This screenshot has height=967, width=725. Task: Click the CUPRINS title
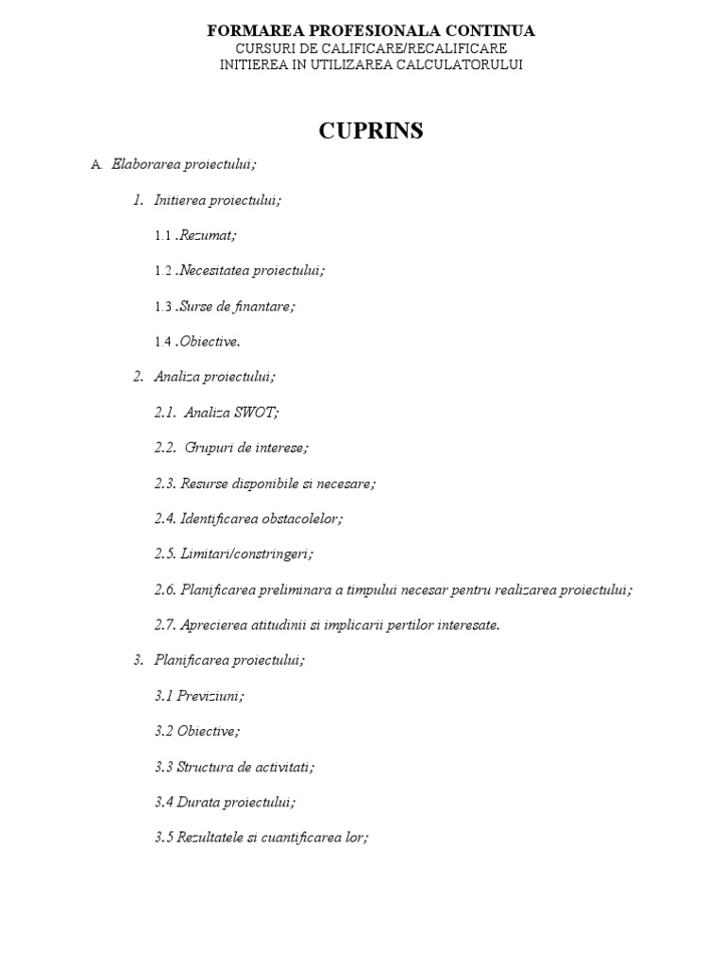click(x=370, y=130)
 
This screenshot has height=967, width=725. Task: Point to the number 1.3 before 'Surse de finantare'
click(x=163, y=307)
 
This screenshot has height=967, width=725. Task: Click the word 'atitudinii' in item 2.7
click(x=271, y=625)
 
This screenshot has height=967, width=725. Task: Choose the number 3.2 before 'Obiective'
click(x=163, y=731)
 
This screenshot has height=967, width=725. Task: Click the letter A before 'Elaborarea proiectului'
click(x=95, y=164)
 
